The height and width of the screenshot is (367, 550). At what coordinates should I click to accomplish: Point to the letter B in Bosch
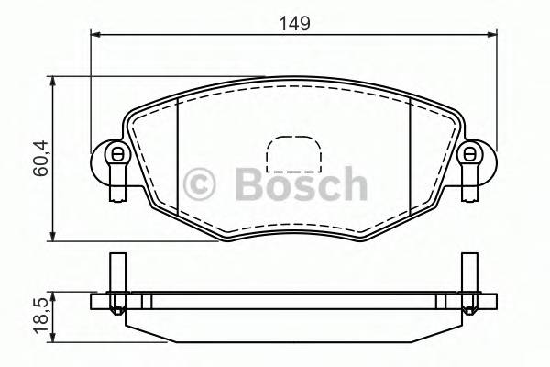[249, 184]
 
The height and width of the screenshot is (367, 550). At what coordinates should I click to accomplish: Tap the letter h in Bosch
[349, 184]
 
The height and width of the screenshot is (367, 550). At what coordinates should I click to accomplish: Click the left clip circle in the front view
[115, 154]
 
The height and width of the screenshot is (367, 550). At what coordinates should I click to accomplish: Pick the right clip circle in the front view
[469, 154]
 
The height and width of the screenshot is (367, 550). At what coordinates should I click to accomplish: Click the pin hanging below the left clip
[115, 183]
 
